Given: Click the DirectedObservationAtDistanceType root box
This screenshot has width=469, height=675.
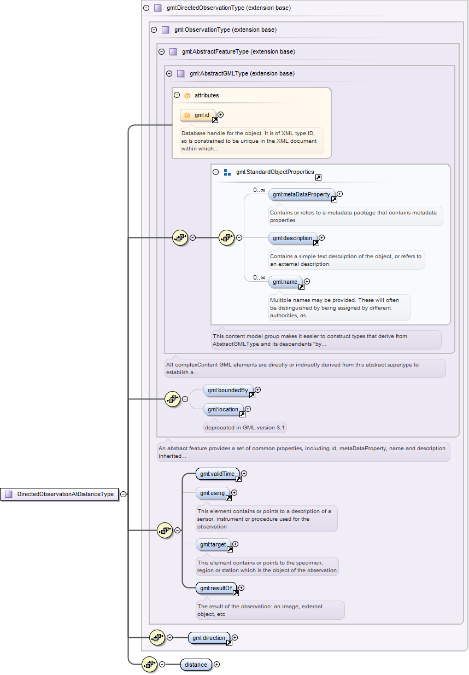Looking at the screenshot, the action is (x=60, y=494).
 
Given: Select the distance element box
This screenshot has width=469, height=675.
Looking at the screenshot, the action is (x=196, y=665).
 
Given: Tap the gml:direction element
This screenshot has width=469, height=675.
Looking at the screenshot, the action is (x=209, y=638).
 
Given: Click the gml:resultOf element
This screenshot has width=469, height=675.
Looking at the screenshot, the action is (x=216, y=588).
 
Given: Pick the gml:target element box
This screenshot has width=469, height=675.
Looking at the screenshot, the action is (x=213, y=544).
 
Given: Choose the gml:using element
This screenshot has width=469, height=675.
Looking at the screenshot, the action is (x=212, y=493).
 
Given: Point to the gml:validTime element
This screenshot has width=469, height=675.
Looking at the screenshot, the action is (x=217, y=474).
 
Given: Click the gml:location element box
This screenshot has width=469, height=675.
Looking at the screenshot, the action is (x=223, y=409).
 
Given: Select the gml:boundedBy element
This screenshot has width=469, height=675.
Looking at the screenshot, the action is (x=228, y=390).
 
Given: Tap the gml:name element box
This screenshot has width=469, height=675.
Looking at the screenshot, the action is (x=285, y=282).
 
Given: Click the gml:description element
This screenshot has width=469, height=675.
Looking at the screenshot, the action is (x=292, y=238).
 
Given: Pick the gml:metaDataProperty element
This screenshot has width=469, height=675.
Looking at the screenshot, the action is (x=302, y=194).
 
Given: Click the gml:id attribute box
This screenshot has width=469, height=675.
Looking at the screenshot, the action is (x=198, y=115).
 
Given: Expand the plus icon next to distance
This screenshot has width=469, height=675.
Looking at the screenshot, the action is (x=216, y=665).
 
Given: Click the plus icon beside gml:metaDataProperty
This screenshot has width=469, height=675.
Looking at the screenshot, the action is (x=340, y=194).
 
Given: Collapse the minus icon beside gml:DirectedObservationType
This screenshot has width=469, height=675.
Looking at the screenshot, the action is (x=146, y=8).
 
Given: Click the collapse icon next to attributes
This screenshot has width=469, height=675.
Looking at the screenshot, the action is (x=177, y=95).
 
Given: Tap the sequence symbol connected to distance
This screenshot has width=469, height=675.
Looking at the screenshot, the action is (x=149, y=665).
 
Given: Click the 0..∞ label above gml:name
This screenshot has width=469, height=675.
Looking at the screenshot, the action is (x=259, y=277).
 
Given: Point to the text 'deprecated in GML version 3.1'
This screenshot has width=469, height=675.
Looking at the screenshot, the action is (x=244, y=428).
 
